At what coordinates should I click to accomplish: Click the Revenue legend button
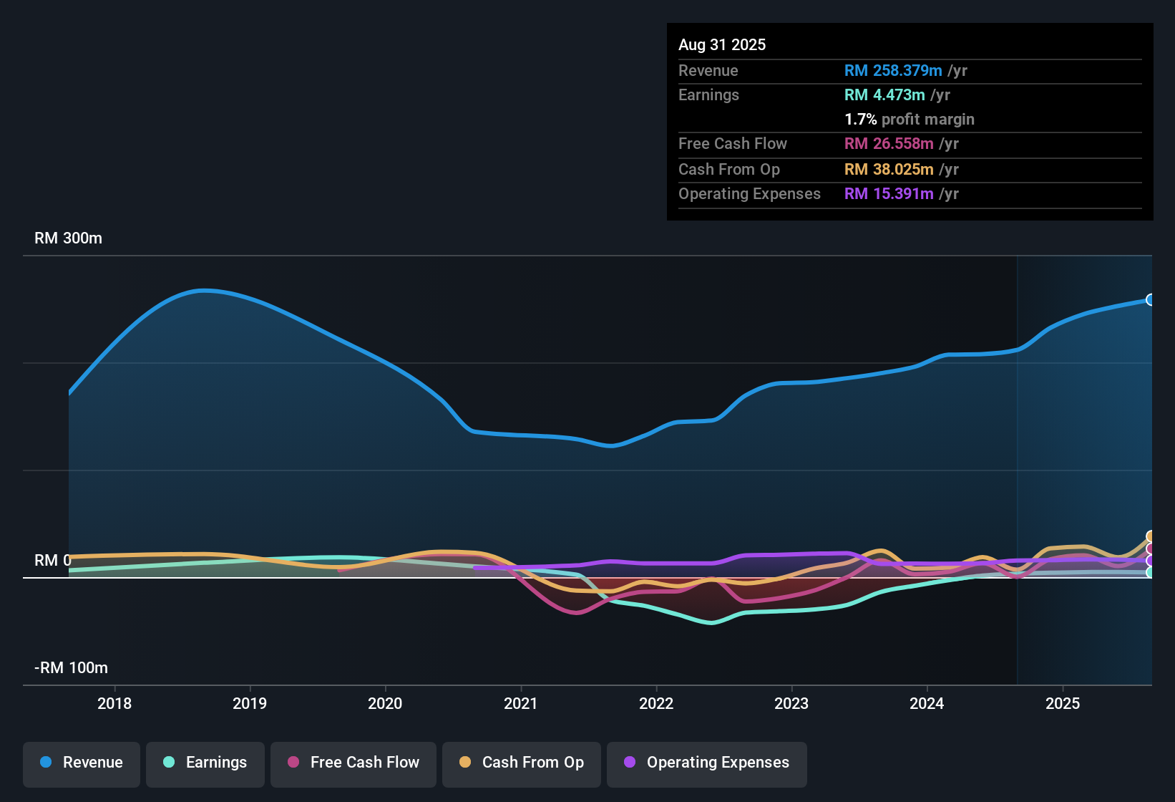[82, 763]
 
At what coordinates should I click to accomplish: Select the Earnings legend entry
[205, 763]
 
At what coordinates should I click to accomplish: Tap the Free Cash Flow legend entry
[354, 763]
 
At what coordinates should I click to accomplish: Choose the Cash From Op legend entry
[522, 763]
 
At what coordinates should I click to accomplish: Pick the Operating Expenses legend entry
[707, 763]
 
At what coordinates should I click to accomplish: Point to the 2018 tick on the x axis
[114, 703]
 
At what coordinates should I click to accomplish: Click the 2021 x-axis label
[520, 703]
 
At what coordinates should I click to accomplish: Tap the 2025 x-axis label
[1062, 703]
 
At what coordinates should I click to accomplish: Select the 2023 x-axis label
[791, 703]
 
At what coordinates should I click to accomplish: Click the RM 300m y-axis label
[68, 238]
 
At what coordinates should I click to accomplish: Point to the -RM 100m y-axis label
[71, 668]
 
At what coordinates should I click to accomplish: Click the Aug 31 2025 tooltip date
[722, 45]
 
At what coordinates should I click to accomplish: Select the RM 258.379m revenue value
[892, 71]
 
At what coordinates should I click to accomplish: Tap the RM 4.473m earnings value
[884, 95]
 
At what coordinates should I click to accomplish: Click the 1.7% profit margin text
[910, 120]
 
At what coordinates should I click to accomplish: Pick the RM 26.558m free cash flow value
[889, 144]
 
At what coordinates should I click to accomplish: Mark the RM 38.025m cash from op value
[889, 170]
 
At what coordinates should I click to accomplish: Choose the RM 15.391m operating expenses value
[889, 194]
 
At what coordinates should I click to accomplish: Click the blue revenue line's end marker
[1150, 300]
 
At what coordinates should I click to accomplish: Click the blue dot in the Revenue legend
[46, 762]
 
